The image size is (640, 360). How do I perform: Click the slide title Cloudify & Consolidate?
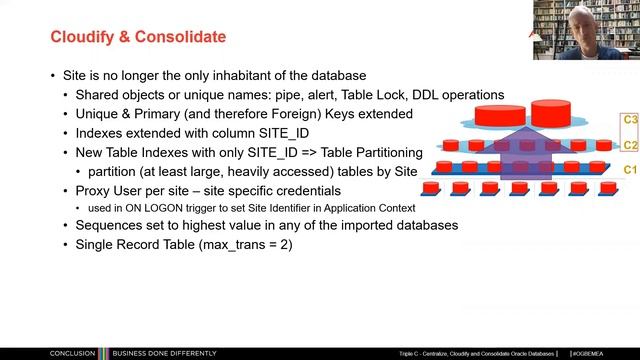click(x=138, y=37)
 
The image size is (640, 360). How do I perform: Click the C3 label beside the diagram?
click(x=629, y=119)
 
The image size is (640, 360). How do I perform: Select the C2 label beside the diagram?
click(x=629, y=145)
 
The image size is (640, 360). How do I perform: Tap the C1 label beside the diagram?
click(x=629, y=170)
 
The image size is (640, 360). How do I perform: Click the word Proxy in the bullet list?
click(x=93, y=189)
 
